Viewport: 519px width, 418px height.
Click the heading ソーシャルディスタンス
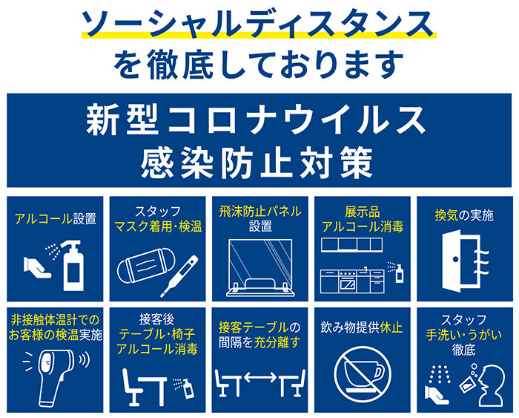[258, 24]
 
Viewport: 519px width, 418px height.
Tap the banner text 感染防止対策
[257, 163]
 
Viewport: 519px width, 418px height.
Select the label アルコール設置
[56, 219]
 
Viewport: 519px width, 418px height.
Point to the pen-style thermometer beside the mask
[179, 276]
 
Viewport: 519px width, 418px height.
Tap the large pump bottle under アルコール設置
[72, 266]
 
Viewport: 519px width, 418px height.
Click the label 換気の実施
[464, 216]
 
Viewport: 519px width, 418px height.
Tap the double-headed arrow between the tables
[260, 377]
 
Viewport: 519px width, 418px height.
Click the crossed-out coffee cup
[363, 375]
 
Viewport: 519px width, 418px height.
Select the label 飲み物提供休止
[362, 327]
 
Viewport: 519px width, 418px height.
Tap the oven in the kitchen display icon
[347, 283]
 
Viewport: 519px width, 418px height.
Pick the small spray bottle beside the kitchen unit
[400, 273]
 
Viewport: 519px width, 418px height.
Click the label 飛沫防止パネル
[260, 212]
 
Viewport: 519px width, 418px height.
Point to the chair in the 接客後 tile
[131, 387]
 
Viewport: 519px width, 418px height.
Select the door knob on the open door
[456, 259]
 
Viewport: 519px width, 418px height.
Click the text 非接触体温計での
[55, 321]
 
